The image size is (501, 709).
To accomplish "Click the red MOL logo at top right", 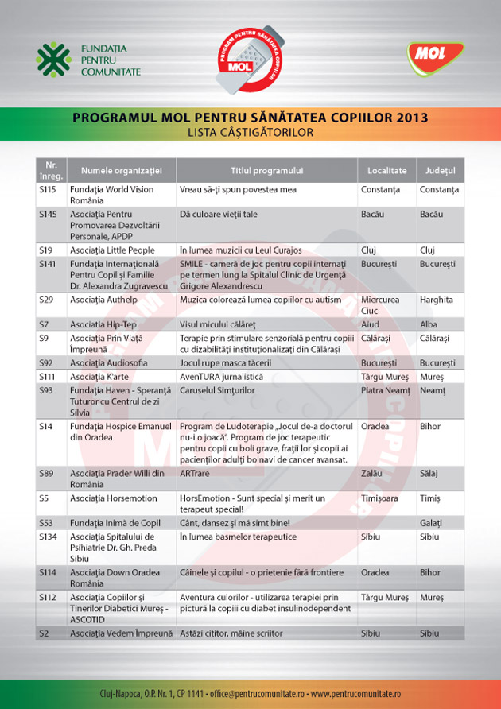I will click(x=436, y=57).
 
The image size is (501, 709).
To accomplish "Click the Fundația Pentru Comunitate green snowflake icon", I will click(x=53, y=60).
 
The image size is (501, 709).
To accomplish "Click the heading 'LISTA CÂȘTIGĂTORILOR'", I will click(x=250, y=132).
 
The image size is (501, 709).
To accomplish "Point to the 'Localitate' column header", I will click(x=386, y=170).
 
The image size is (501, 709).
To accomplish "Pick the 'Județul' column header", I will click(x=439, y=170).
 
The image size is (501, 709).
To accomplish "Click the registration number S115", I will click(x=47, y=190).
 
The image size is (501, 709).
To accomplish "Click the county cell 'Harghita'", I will click(x=437, y=300).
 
